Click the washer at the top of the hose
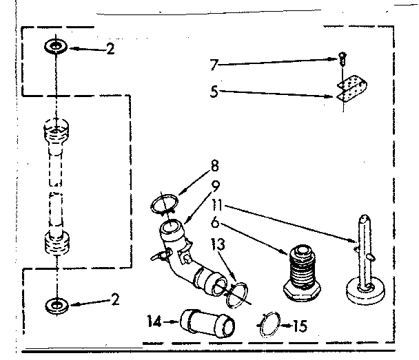point(55,47)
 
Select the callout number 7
point(214,65)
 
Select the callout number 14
point(154,321)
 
